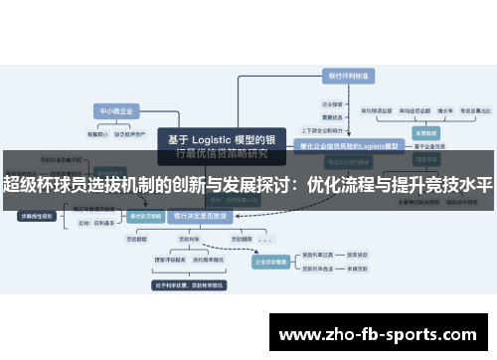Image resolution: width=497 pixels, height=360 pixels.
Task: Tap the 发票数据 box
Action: coord(425,131)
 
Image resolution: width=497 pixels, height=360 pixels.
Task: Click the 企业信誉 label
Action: coord(331,102)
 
